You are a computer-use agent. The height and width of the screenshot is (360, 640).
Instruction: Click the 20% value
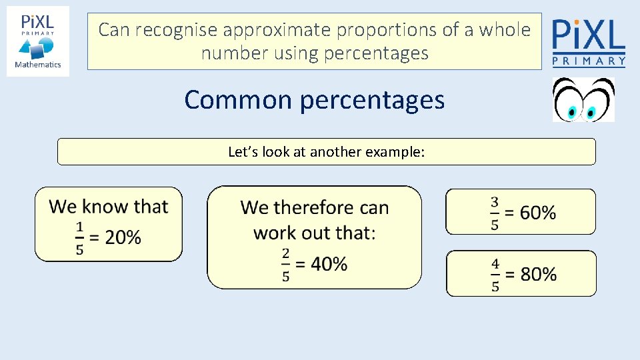pos(123,237)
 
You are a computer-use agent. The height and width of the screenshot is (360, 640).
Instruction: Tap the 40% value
pos(329,264)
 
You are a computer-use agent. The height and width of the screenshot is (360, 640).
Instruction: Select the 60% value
pos(538,213)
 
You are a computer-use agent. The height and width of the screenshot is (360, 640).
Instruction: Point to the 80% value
pos(539,274)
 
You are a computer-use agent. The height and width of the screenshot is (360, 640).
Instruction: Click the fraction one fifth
pos(80,238)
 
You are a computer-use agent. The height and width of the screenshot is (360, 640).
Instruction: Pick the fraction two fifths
pos(286,265)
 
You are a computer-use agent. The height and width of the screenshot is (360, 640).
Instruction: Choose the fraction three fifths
pos(495,213)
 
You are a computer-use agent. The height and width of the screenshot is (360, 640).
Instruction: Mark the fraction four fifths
pos(495,274)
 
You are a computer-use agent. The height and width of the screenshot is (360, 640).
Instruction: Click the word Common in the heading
pos(238,100)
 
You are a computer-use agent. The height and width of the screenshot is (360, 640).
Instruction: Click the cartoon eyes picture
pos(583,100)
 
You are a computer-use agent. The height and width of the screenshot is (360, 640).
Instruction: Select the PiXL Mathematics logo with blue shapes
pos(38,41)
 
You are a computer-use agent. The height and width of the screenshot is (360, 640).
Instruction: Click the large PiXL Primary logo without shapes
pos(589,41)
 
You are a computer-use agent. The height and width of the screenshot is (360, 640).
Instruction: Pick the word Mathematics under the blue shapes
pos(38,65)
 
